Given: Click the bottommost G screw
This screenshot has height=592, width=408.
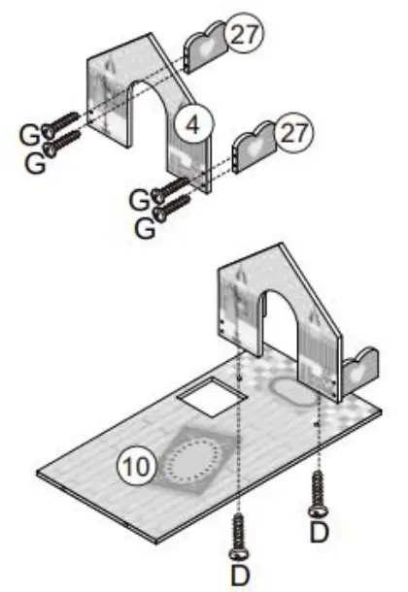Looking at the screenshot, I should click(176, 204).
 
